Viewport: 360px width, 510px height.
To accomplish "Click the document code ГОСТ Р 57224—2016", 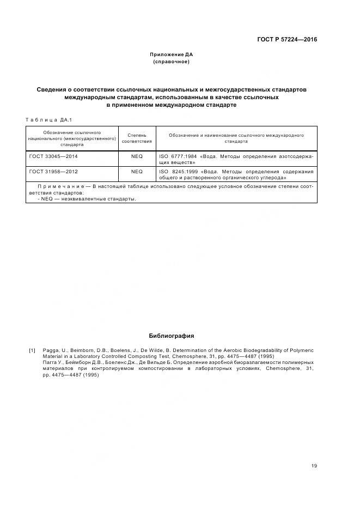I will pos(287,39).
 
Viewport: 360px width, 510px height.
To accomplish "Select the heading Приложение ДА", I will pos(172,54).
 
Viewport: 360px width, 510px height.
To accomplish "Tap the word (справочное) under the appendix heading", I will pos(172,62).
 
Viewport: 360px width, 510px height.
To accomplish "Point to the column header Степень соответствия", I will pos(137,138).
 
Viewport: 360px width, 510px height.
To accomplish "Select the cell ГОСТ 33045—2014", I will pos(53,156).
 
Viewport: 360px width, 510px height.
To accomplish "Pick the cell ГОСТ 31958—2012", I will pos(53,172).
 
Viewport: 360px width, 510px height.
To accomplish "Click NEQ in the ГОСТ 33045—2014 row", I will pos(137,156).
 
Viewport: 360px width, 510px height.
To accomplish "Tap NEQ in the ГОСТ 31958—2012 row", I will pos(137,172).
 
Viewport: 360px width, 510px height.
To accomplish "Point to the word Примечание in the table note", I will pos(60,186).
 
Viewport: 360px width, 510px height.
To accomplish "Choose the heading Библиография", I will pos(172,336).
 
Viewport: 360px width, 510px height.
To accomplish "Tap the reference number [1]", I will pos(32,350).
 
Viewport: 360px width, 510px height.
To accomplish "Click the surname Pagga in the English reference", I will pos(51,350).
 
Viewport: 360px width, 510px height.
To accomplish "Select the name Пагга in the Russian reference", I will pos(51,362).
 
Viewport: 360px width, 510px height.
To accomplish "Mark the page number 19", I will pos(314,465).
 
